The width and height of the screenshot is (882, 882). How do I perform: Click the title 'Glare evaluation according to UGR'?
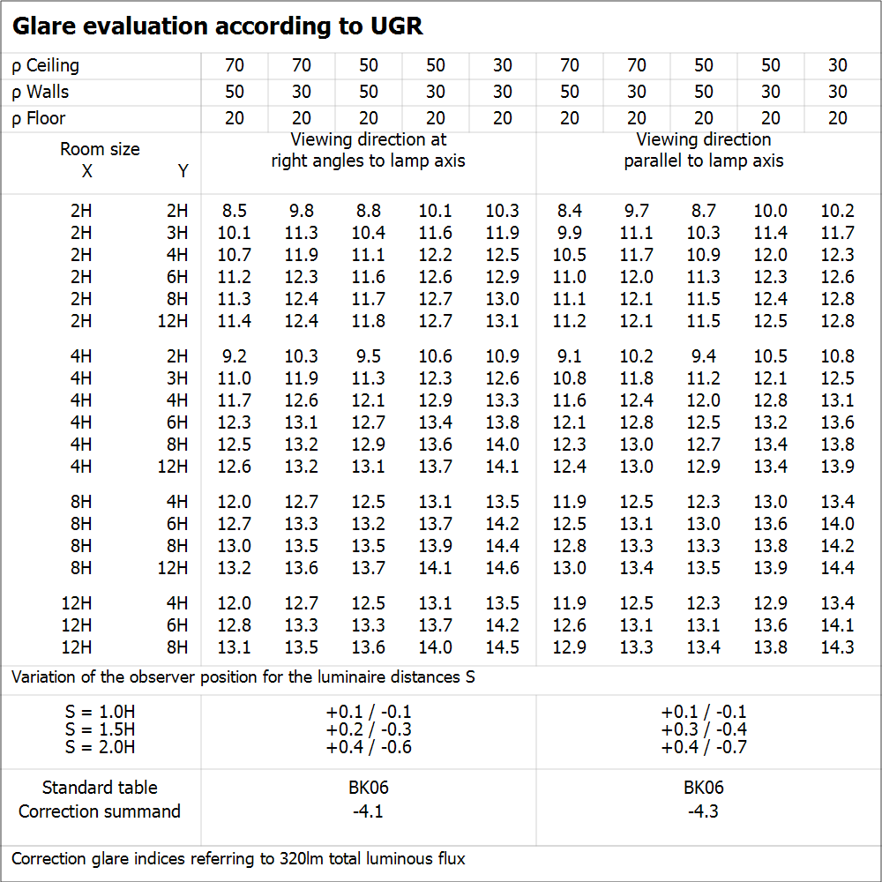[217, 26]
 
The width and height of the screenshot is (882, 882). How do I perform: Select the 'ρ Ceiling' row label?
[46, 65]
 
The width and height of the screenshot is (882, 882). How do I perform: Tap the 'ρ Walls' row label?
[41, 92]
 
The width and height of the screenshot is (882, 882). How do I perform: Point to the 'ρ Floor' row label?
[39, 118]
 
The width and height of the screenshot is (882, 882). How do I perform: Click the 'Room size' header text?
[100, 149]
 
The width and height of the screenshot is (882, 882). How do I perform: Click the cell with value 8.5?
[235, 211]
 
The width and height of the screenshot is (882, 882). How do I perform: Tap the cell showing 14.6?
[503, 568]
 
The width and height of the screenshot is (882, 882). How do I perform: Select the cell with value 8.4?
[570, 211]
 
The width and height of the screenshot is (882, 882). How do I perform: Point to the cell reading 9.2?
[235, 356]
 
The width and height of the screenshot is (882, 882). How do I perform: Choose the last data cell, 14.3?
[837, 647]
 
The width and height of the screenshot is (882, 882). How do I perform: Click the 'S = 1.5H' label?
[100, 729]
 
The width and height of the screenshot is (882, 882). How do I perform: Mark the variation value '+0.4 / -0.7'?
[703, 747]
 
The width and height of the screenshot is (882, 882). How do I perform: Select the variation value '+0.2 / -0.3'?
[368, 729]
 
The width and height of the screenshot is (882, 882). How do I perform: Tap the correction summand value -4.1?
[368, 811]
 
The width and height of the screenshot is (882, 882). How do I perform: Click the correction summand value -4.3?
[703, 811]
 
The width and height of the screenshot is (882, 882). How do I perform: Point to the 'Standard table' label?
[100, 788]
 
